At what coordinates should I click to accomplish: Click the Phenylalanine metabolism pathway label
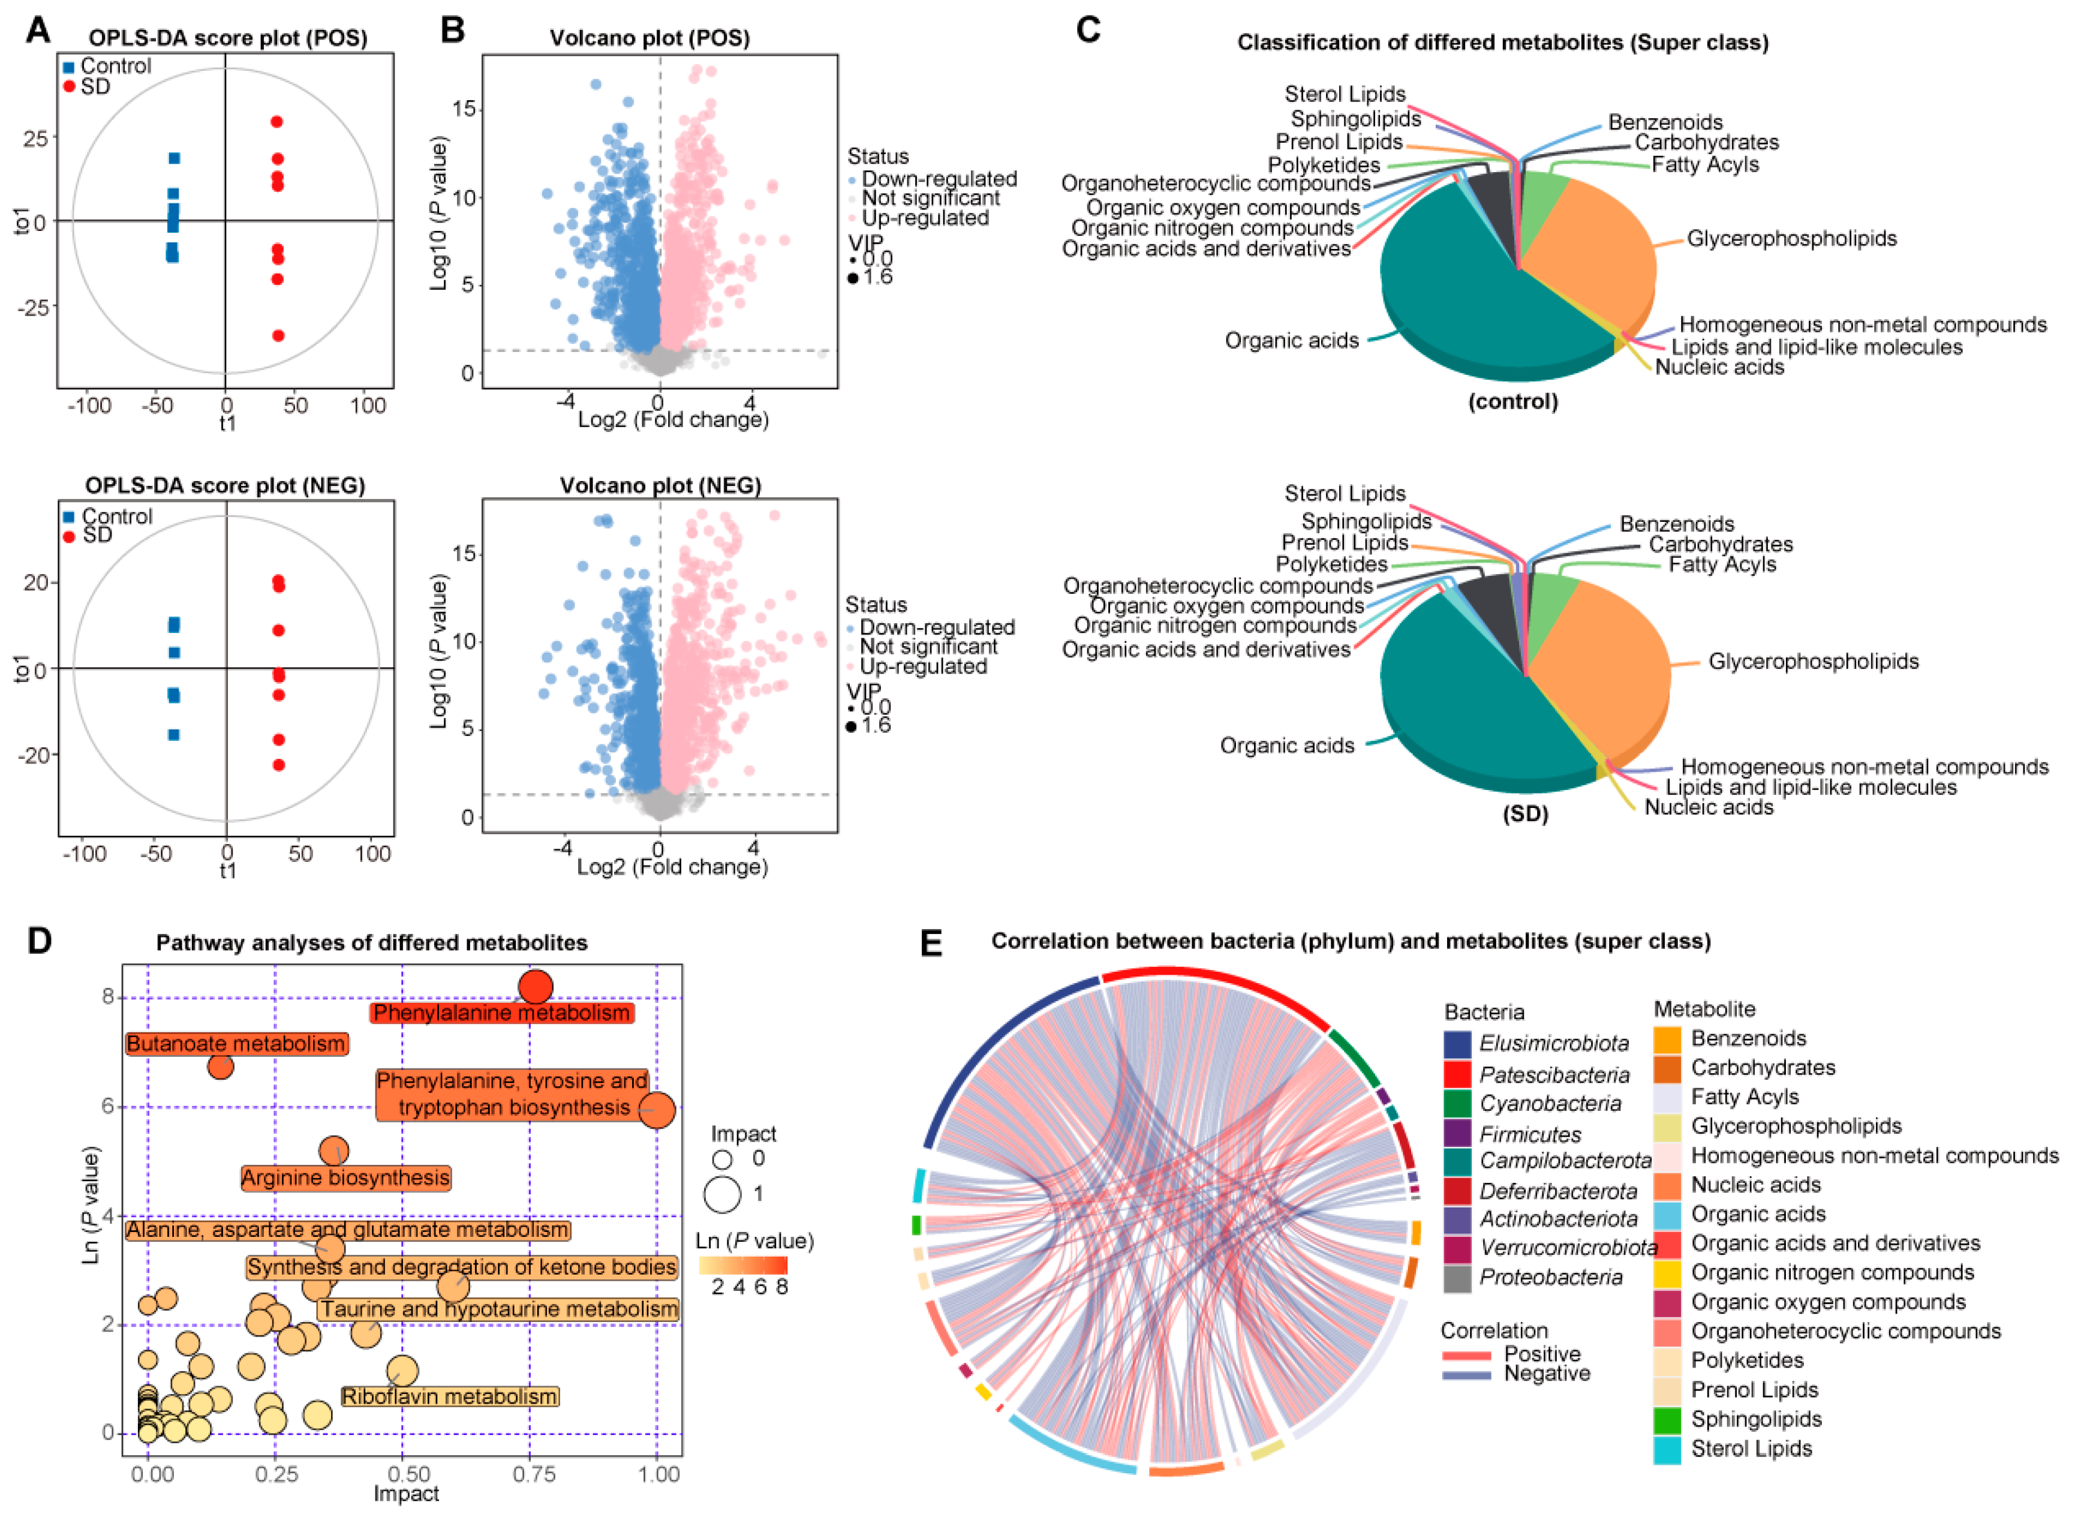point(501,1013)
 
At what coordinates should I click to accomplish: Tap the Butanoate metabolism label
point(236,1044)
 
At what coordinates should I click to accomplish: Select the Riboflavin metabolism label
point(449,1396)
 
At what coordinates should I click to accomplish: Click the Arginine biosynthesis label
point(345,1178)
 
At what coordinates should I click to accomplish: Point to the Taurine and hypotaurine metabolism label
point(498,1309)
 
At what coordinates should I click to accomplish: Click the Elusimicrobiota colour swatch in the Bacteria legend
point(1457,1044)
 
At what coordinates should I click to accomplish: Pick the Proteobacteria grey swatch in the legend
point(1457,1278)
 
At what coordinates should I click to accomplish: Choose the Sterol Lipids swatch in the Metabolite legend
point(1667,1450)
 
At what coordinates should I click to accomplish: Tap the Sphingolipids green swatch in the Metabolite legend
point(1667,1420)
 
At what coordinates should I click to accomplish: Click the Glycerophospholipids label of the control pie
point(1791,239)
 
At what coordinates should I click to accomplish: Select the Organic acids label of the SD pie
point(1286,746)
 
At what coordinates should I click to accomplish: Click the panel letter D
point(38,941)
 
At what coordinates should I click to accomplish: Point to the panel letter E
point(931,943)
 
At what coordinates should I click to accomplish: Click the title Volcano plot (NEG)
point(660,485)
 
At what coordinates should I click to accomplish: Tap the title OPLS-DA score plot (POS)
point(228,38)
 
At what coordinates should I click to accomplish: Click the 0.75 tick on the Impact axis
point(533,1475)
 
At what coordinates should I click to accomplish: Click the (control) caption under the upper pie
point(1513,402)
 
